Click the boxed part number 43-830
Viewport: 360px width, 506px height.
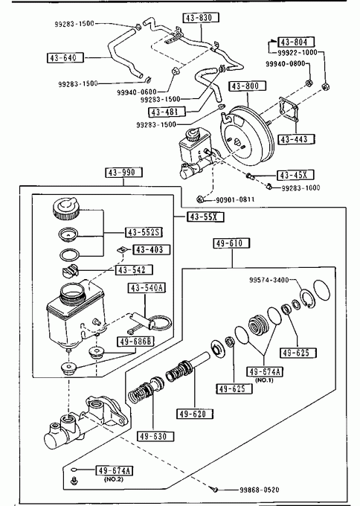201,17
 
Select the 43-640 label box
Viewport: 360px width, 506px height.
65,58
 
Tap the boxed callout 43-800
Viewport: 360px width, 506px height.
248,86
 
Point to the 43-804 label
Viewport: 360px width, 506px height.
296,42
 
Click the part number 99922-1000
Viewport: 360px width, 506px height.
298,52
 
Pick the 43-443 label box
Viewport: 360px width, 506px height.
296,139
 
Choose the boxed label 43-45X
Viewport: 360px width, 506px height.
295,175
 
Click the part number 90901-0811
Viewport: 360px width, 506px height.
235,199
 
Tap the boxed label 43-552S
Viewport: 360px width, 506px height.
144,232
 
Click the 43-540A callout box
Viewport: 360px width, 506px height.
147,287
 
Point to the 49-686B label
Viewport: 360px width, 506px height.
135,342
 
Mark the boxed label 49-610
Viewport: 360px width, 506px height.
231,243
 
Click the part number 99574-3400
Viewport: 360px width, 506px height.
269,280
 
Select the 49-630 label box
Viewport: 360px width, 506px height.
155,436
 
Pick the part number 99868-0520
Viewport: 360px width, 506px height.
259,490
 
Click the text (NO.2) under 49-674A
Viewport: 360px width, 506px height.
114,479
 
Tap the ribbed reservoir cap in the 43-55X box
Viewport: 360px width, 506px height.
65,209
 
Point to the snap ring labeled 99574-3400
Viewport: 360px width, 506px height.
306,299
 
